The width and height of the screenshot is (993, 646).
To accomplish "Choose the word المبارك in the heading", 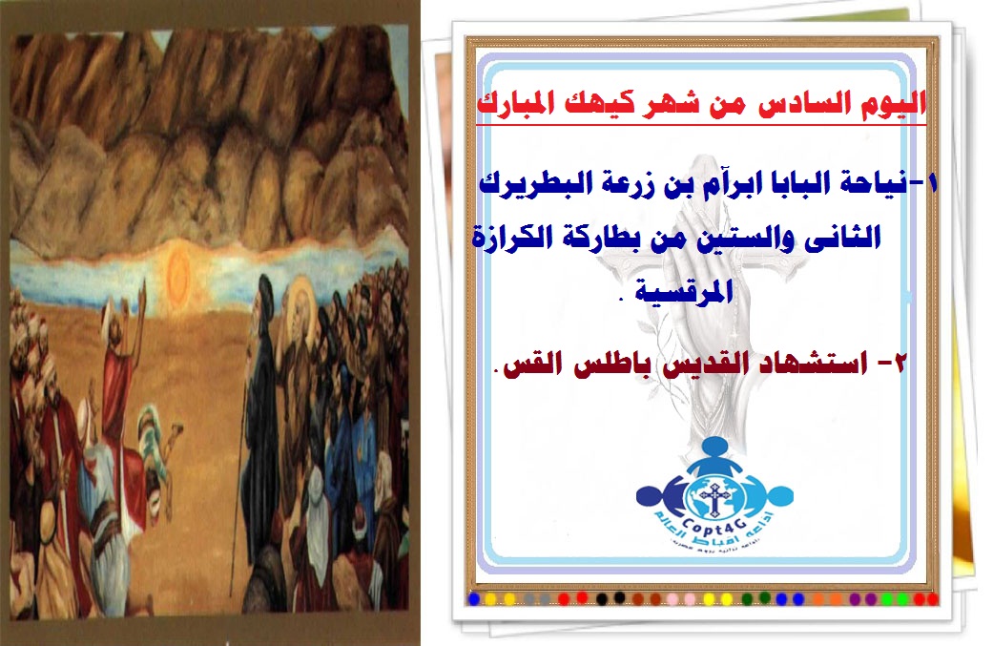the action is tap(506, 104).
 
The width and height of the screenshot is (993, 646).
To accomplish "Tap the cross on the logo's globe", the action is tap(714, 499).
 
